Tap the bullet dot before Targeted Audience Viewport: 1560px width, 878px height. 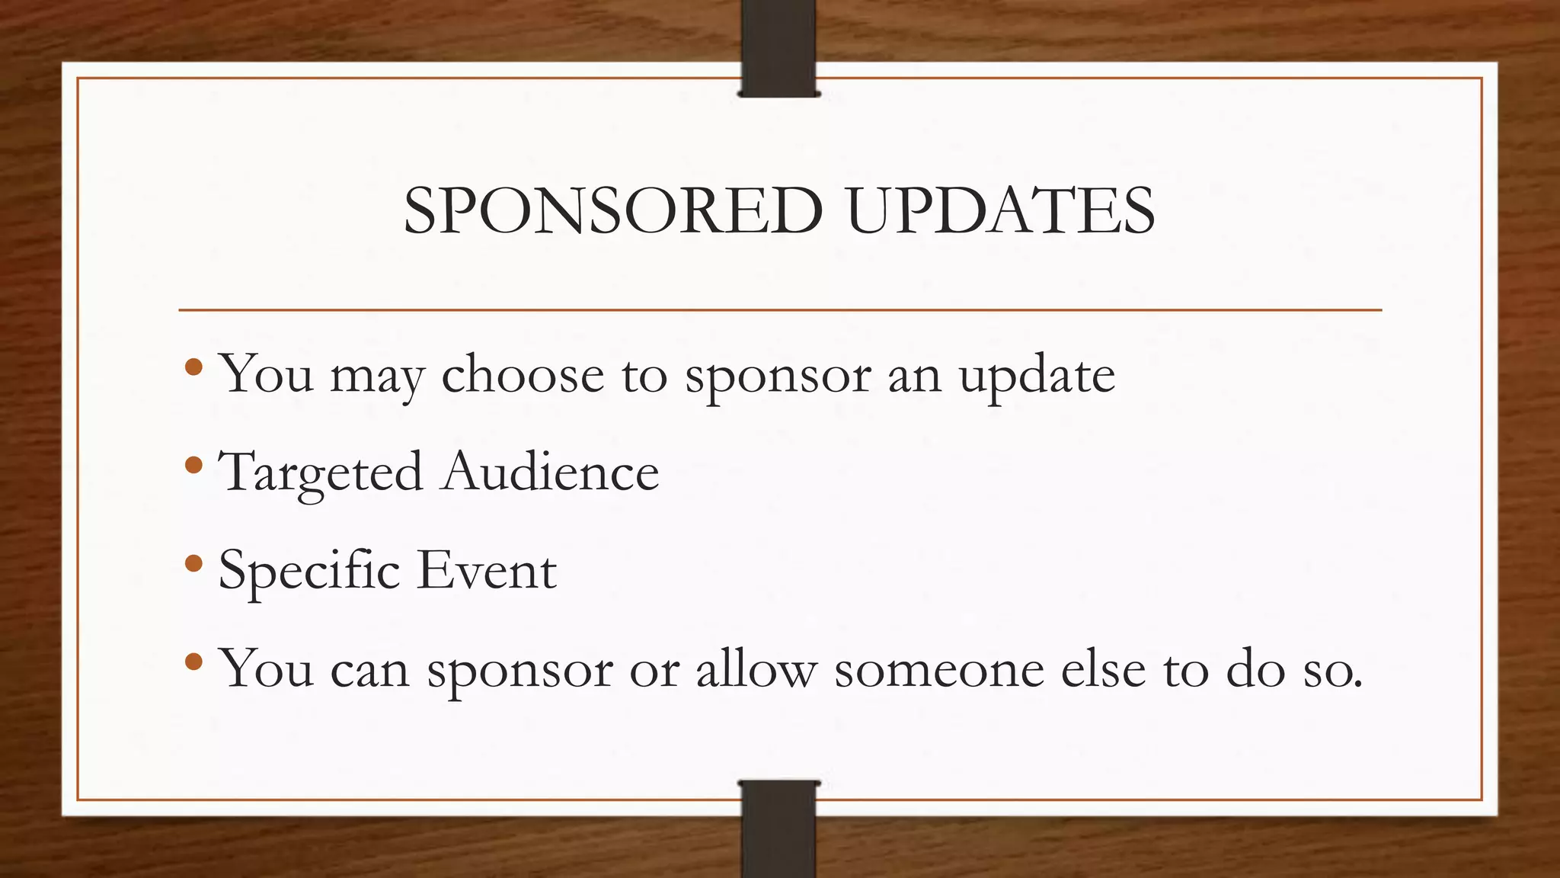pos(193,465)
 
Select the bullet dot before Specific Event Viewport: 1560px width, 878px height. pos(193,563)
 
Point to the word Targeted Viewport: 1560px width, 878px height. pos(320,473)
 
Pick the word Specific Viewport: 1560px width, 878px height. pos(308,571)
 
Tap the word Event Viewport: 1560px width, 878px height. pos(487,570)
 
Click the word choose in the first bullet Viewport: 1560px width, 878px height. pos(523,374)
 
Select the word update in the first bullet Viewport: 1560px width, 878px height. pos(1037,376)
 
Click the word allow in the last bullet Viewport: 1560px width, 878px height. pos(756,668)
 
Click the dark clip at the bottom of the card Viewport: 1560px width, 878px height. pos(778,828)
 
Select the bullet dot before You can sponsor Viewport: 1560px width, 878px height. pos(193,661)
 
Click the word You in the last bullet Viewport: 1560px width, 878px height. pos(266,668)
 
